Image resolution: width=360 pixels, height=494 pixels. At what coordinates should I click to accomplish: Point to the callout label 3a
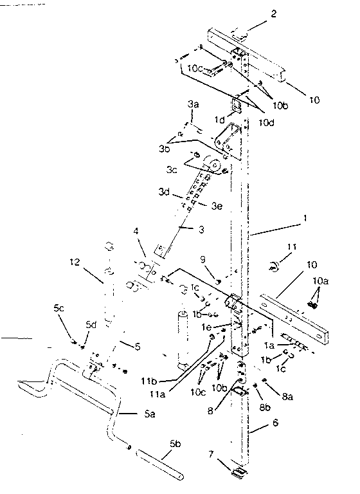pyautogui.click(x=194, y=104)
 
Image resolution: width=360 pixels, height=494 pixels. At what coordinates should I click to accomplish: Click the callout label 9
pyautogui.click(x=204, y=259)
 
